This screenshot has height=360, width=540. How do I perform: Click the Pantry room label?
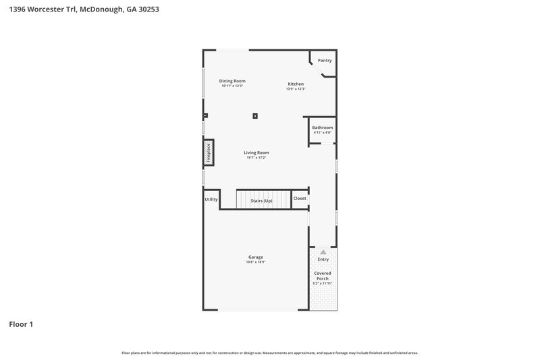(325, 61)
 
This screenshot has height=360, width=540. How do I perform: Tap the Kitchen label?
(296, 84)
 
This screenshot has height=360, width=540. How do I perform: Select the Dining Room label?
(232, 81)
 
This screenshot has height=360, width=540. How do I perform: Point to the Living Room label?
(256, 153)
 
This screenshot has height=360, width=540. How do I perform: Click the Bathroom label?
(322, 128)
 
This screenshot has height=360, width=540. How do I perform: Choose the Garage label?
(255, 257)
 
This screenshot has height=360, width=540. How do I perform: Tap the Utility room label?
(211, 199)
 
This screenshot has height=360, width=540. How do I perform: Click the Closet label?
(300, 199)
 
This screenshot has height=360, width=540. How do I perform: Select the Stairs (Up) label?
(261, 201)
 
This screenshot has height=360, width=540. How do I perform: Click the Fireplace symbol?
(209, 153)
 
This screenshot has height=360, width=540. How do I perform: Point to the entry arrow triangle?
(323, 251)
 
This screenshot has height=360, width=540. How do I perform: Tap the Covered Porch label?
(323, 276)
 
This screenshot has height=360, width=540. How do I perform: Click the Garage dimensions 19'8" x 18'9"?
(255, 262)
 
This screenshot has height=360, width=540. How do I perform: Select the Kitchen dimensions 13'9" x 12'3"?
(296, 89)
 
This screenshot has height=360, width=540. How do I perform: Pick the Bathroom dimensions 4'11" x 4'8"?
(322, 132)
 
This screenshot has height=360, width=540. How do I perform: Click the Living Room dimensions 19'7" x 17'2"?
(256, 157)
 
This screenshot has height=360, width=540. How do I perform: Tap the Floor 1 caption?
(21, 324)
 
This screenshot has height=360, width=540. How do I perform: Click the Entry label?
(323, 259)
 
